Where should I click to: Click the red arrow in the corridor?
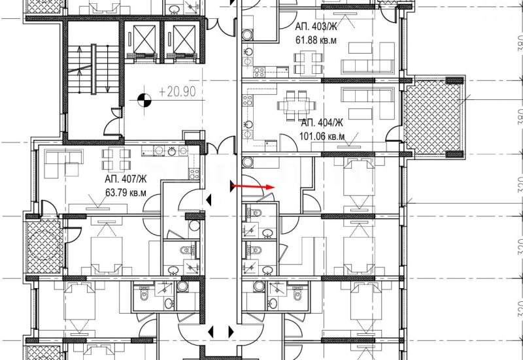tap(254, 187)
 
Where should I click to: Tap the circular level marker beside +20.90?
tap(144, 100)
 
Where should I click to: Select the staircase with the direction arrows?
tap(84, 69)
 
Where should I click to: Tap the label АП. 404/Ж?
tap(322, 123)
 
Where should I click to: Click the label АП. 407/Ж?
tap(125, 180)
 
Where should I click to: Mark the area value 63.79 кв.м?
tap(125, 192)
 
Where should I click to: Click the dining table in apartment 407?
tap(114, 157)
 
